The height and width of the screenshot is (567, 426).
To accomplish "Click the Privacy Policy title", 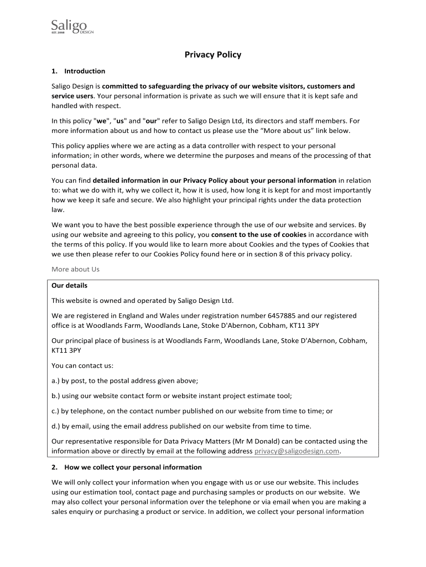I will [213, 55].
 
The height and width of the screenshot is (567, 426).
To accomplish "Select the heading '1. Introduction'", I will [78, 71].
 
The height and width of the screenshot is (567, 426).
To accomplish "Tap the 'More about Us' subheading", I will [75, 270].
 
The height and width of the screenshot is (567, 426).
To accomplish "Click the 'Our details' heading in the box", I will [69, 286].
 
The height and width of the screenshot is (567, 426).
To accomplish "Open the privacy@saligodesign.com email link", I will [297, 451].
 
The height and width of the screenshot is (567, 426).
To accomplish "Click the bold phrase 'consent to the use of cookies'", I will [259, 234].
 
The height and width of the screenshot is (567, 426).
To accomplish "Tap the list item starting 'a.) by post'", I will [124, 380].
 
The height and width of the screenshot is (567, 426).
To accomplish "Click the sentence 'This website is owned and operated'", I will [143, 301].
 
